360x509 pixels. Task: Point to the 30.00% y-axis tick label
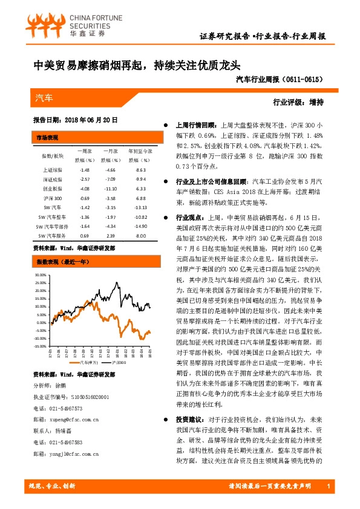tap(41, 274)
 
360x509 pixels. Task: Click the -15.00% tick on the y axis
tap(41, 339)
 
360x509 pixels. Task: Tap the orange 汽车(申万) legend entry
tap(84, 363)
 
